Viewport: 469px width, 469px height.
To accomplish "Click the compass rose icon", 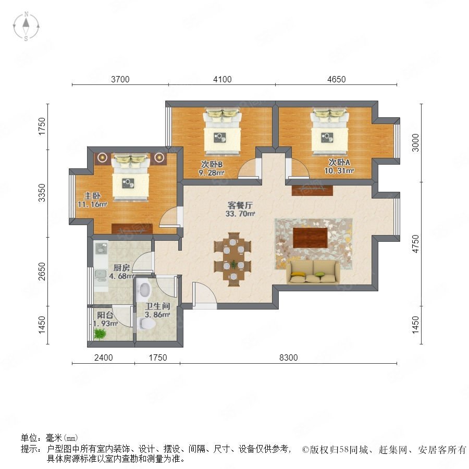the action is (x=27, y=27).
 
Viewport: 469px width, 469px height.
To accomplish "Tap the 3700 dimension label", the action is (x=120, y=79).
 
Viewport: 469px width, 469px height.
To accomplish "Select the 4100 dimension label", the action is (x=222, y=79).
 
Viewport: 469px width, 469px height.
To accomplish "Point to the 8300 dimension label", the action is (x=288, y=357).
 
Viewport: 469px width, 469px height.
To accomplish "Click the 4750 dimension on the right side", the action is (x=415, y=244).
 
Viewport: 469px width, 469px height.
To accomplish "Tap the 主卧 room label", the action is (x=92, y=196).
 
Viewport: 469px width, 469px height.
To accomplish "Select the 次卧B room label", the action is (x=212, y=164).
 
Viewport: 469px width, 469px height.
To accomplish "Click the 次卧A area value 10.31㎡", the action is (x=339, y=171).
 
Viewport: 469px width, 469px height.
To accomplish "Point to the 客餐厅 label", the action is (x=240, y=205).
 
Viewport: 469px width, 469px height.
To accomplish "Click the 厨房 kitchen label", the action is (x=121, y=267).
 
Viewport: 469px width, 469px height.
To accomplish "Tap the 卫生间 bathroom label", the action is (x=157, y=306).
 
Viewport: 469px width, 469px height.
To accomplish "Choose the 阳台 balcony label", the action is (x=105, y=315).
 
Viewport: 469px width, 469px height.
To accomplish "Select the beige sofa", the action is (x=313, y=271).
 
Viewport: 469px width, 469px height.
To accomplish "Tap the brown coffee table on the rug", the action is (x=310, y=238).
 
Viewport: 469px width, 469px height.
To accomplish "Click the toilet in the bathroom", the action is (x=147, y=323).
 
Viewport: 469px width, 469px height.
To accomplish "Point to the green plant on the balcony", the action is (x=100, y=334).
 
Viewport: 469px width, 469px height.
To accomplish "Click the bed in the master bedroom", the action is (x=131, y=177).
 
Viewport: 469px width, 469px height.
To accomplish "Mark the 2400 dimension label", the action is (x=104, y=357).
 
